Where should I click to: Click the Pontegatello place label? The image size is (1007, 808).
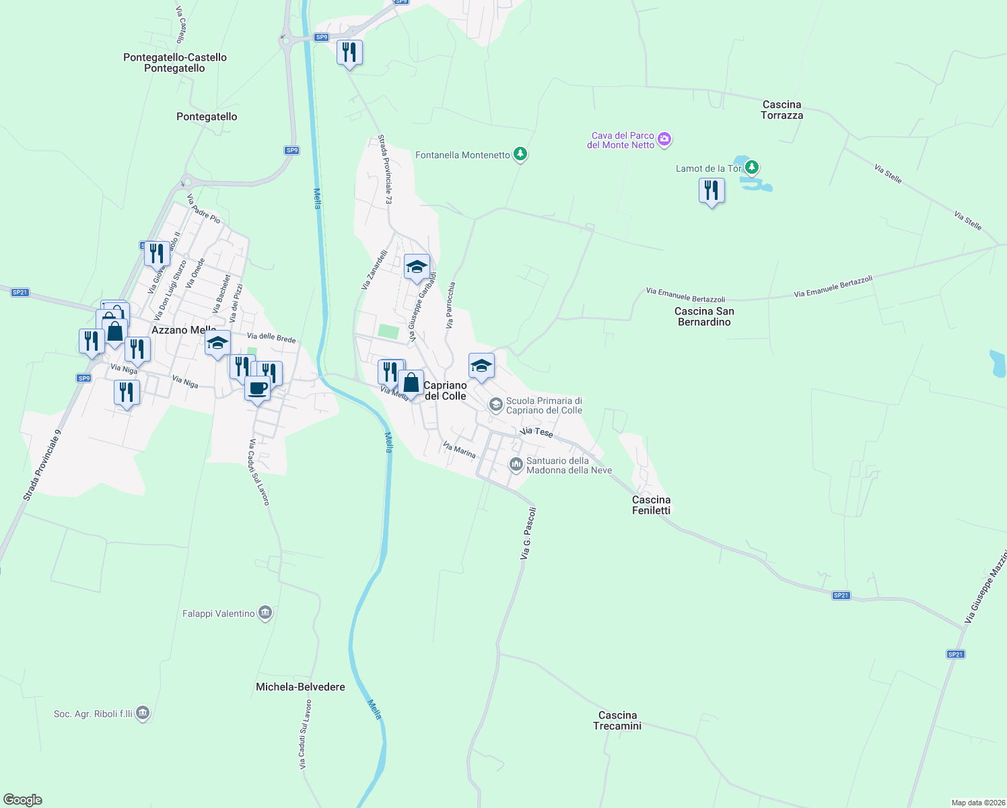coord(207,116)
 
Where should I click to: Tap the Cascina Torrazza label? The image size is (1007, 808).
coord(782,110)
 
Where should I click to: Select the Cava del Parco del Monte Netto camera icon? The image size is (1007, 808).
coord(665,139)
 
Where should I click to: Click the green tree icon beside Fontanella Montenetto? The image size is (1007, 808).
coord(520,154)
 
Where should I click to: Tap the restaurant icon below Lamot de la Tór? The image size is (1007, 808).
coord(711,191)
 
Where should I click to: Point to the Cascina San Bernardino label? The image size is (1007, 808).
coord(704,316)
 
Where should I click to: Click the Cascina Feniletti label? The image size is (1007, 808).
coord(651,505)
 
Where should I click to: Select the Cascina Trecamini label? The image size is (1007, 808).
coord(617,720)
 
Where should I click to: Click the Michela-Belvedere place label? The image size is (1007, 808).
coord(300,687)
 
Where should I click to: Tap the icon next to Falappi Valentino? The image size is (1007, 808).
coord(265,613)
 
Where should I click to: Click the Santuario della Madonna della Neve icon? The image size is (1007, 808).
coord(516,464)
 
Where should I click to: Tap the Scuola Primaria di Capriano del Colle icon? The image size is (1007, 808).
coord(496,404)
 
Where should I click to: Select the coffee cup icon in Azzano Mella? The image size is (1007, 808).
coord(257,389)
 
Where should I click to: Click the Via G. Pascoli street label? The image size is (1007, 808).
coord(528,533)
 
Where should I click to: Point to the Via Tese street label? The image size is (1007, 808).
coord(536,432)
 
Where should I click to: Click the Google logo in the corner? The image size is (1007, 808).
coord(23,799)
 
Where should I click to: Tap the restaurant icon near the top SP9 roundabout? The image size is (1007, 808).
coord(349,53)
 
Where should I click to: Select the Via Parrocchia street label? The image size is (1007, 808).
coord(450,305)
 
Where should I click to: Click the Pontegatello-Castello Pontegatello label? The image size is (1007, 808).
coord(175,63)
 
